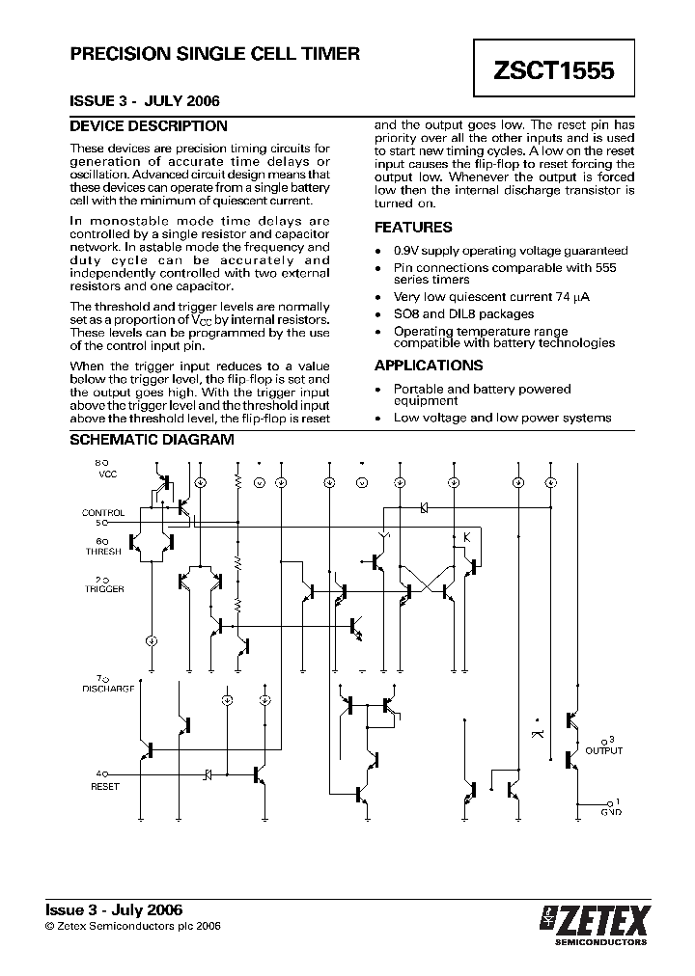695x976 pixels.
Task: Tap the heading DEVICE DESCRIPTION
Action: (x=149, y=126)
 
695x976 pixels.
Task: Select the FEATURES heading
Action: (x=413, y=228)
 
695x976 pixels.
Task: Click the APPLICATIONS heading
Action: (x=429, y=366)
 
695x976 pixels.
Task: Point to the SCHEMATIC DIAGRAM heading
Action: (x=152, y=440)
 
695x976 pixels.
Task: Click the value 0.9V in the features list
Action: (x=408, y=251)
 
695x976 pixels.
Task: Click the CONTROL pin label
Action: (x=103, y=513)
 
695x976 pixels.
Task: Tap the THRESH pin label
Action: (x=104, y=551)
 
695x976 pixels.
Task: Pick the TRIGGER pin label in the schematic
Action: (x=104, y=588)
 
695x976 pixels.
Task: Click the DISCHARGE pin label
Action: (x=107, y=689)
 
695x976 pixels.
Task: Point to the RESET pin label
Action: (x=104, y=787)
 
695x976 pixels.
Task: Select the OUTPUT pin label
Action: (x=604, y=750)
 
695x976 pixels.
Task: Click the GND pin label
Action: (x=611, y=812)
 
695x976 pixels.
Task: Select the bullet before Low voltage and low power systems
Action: (x=378, y=419)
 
